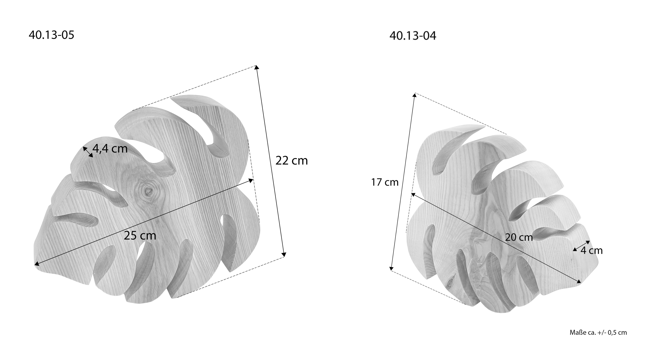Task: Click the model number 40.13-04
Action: coord(413,36)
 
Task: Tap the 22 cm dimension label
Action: coord(292,161)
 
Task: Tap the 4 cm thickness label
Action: coord(592,250)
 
